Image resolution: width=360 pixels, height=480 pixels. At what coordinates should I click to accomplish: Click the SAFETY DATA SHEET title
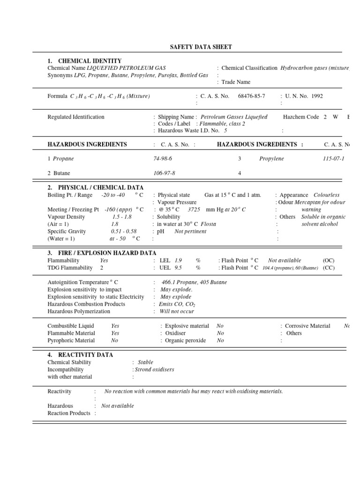pyautogui.click(x=200, y=47)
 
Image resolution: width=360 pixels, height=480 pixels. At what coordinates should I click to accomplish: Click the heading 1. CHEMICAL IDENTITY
pyautogui.click(x=84, y=61)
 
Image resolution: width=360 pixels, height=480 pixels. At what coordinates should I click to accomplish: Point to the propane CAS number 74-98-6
pyautogui.click(x=163, y=159)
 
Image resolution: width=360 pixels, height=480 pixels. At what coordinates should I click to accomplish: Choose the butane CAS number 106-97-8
pyautogui.click(x=165, y=173)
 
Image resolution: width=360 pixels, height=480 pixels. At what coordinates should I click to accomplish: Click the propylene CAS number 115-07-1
pyautogui.click(x=334, y=159)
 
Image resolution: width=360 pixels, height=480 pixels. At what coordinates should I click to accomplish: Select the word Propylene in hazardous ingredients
pyautogui.click(x=271, y=159)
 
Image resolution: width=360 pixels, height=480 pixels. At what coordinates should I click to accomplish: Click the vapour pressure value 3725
pyautogui.click(x=194, y=210)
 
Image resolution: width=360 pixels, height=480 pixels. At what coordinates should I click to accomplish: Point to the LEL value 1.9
pyautogui.click(x=178, y=260)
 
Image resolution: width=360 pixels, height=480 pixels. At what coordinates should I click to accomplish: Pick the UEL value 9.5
pyautogui.click(x=178, y=268)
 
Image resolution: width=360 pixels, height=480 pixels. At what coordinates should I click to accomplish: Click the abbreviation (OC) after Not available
pyautogui.click(x=329, y=260)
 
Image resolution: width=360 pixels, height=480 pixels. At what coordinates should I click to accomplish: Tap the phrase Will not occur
pyautogui.click(x=177, y=311)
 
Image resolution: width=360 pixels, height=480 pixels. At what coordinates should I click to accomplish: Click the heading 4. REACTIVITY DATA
pyautogui.click(x=80, y=355)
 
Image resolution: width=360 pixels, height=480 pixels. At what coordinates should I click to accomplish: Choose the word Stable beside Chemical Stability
pyautogui.click(x=145, y=362)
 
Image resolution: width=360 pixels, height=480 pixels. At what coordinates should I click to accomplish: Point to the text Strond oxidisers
pyautogui.click(x=154, y=369)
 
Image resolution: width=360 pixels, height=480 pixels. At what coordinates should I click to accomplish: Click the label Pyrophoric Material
pyautogui.click(x=71, y=340)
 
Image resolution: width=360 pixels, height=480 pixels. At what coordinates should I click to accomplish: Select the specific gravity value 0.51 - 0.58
pyautogui.click(x=124, y=232)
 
